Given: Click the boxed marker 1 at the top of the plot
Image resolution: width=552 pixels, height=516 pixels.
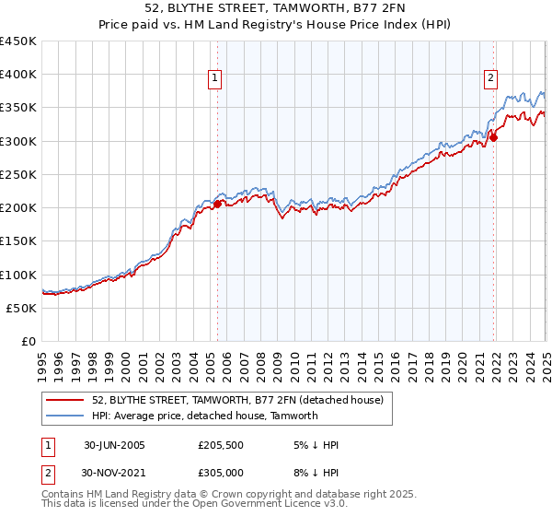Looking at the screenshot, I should [x=214, y=79].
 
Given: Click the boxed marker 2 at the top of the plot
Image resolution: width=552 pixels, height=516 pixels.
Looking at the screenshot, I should [x=491, y=79].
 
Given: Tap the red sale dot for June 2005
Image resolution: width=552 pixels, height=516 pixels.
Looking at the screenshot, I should [x=217, y=205].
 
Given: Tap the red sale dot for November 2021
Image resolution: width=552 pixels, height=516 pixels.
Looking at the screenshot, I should [x=494, y=138].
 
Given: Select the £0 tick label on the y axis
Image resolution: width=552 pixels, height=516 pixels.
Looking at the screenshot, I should [x=29, y=341].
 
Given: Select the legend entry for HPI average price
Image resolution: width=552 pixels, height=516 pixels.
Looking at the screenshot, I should [x=204, y=416].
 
